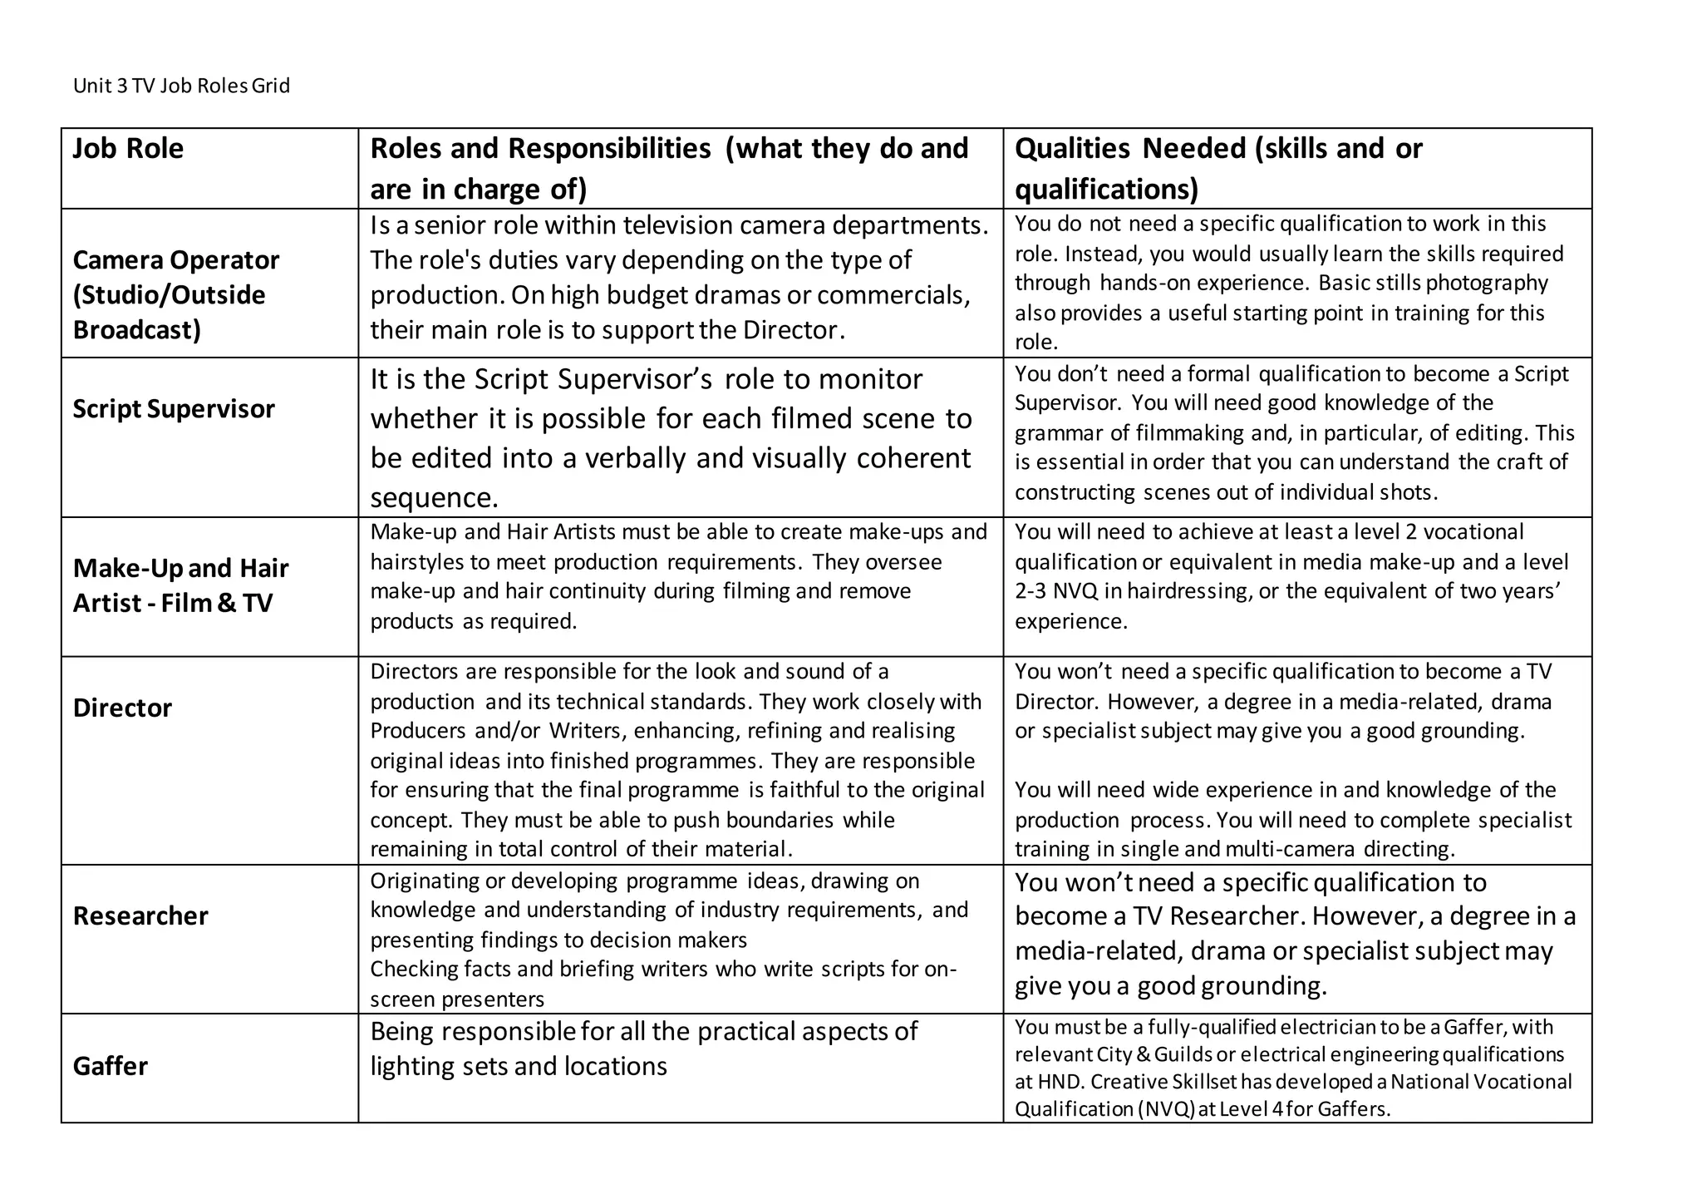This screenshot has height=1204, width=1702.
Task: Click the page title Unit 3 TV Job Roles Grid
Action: tap(181, 86)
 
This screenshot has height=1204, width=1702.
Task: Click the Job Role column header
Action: tap(128, 149)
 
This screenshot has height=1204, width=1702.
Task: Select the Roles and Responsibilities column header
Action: tap(669, 168)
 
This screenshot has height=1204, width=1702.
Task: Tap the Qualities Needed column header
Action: tap(1217, 168)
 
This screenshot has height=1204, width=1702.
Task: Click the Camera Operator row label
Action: tap(176, 294)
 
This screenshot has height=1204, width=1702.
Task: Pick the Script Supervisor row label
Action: tap(173, 409)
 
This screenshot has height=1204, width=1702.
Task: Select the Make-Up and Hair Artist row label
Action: tap(180, 585)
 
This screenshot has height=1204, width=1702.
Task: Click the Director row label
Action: tap(122, 708)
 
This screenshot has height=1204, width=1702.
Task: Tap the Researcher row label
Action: tap(140, 916)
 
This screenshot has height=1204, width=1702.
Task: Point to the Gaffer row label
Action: tap(110, 1066)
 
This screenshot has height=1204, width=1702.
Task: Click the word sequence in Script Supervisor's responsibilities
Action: tap(434, 498)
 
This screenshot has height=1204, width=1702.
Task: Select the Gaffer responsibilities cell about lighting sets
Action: tap(643, 1049)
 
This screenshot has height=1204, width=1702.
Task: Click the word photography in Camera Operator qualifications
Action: tap(1487, 284)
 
